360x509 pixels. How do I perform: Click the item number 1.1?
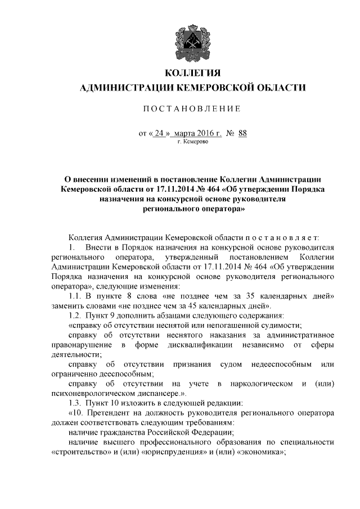click(75, 296)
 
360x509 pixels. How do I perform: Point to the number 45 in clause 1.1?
click(200, 306)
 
